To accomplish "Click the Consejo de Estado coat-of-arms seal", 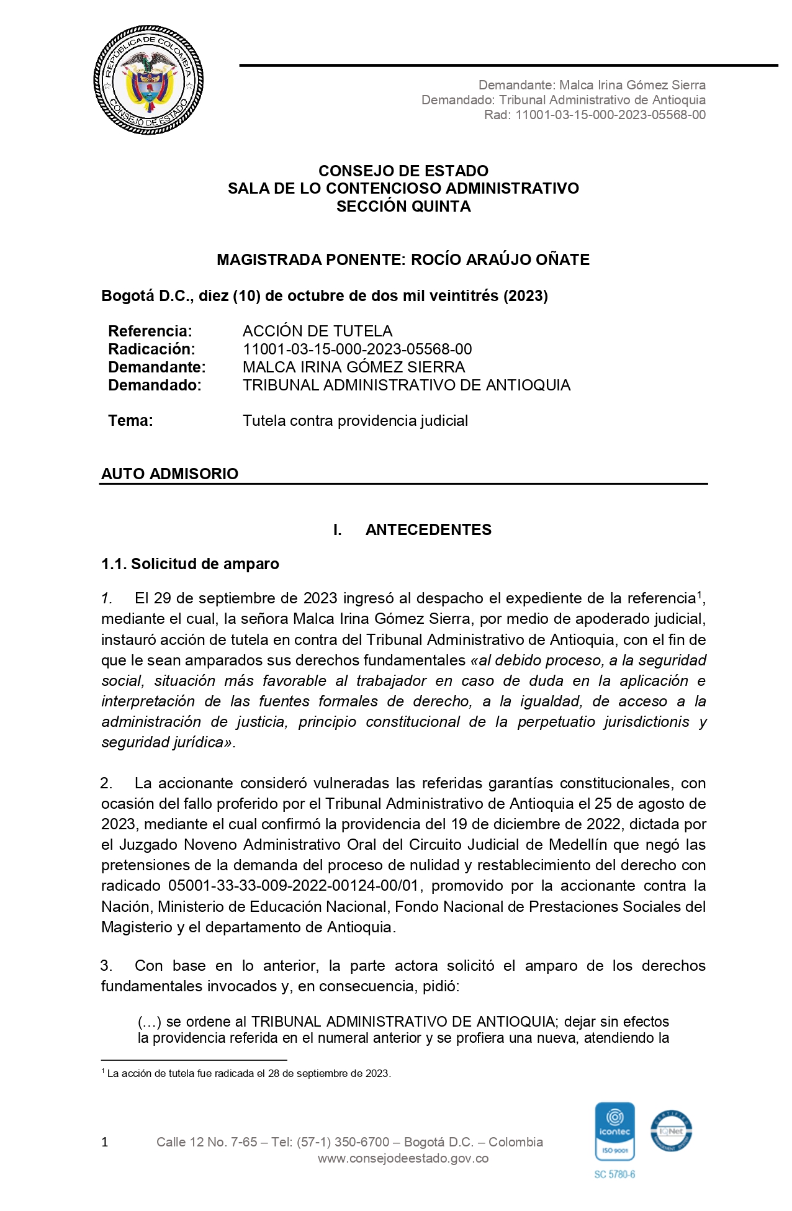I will (148, 82).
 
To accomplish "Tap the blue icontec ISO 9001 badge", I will (614, 1131).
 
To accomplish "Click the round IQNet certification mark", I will (671, 1131).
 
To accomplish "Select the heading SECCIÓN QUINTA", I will (403, 207).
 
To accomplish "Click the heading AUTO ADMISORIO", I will (169, 474).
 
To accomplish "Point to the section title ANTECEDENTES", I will (428, 529).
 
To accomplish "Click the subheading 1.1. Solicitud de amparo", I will (190, 564).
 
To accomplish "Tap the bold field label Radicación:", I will (151, 349).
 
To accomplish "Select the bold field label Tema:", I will (130, 420).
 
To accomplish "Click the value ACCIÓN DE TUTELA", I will (317, 331).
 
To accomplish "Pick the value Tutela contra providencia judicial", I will (355, 420).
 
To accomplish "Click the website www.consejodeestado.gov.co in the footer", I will (403, 1158).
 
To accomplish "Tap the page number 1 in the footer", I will (105, 1142).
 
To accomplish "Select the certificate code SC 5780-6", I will (614, 1174).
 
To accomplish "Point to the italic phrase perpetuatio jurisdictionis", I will (603, 721).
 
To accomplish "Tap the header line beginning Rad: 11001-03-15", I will (595, 115).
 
